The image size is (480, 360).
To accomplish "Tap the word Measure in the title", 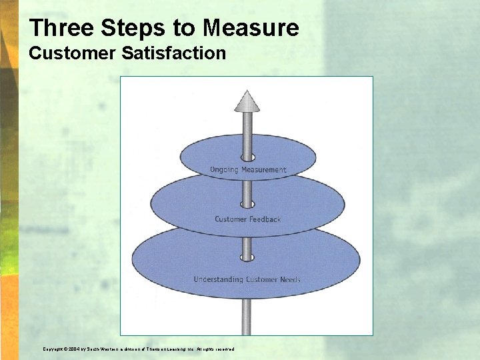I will pyautogui.click(x=251, y=28).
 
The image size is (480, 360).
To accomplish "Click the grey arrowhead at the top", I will pyautogui.click(x=247, y=101).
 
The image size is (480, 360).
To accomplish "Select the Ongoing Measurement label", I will pyautogui.click(x=248, y=170).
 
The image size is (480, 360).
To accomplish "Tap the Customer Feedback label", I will pyautogui.click(x=248, y=219).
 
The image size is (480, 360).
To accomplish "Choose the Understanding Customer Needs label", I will pyautogui.click(x=247, y=279).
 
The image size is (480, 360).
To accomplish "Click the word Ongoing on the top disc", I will pyautogui.click(x=223, y=170).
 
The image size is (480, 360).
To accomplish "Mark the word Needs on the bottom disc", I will pyautogui.click(x=291, y=279).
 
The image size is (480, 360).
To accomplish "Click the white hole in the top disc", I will pyautogui.click(x=248, y=157).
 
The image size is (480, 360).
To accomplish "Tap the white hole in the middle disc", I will pyautogui.click(x=248, y=204).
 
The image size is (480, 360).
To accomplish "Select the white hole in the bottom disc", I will pyautogui.click(x=248, y=257).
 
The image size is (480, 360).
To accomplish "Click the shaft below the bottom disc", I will pyautogui.click(x=247, y=317).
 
